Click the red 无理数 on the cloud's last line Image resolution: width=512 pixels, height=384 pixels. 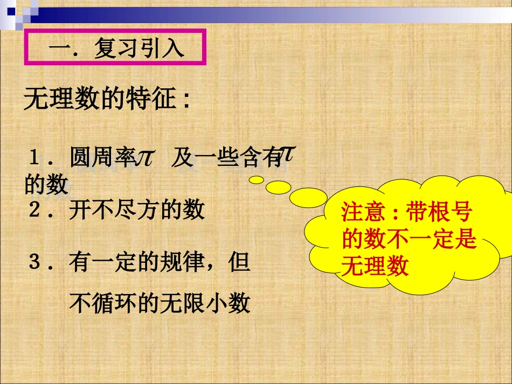tap(375, 267)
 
